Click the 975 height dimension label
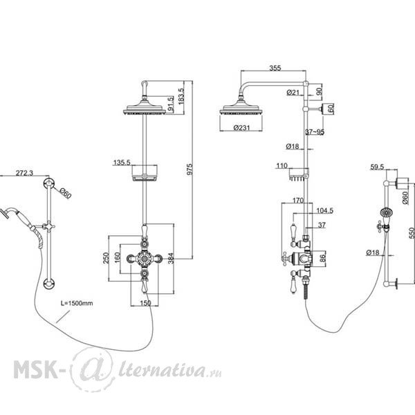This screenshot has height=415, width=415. (190, 169)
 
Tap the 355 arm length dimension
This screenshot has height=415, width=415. (275, 68)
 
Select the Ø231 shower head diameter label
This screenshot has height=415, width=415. (241, 127)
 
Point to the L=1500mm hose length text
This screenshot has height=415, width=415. (77, 303)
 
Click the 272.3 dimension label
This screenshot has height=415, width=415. (24, 173)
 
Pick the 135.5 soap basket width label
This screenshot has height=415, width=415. (122, 163)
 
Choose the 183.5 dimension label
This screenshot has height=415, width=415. (181, 96)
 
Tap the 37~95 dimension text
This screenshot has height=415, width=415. (315, 132)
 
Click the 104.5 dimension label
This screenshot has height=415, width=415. (325, 211)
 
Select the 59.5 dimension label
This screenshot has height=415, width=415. (377, 167)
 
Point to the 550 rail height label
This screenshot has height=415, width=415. (412, 233)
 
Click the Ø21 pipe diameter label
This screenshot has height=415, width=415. (293, 93)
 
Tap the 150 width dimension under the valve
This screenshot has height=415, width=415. (145, 303)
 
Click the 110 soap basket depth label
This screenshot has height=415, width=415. (282, 166)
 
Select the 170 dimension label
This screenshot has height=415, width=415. (298, 201)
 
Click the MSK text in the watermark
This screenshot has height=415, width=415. (35, 369)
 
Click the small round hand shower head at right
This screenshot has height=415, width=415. (386, 212)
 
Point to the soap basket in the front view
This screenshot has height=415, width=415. (145, 174)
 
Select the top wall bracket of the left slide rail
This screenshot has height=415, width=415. (49, 183)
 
